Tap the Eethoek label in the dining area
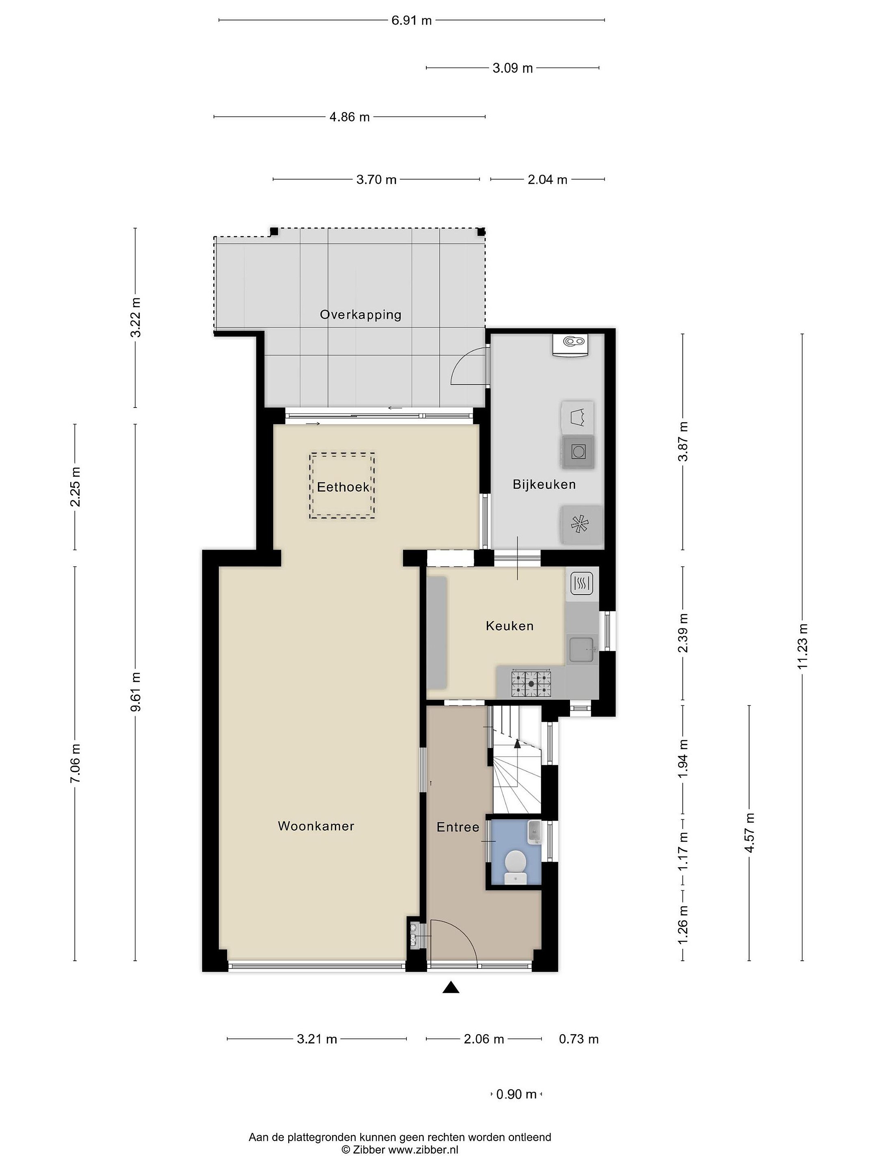[343, 487]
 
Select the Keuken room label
[510, 626]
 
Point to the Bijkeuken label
[544, 485]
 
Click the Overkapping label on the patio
[361, 315]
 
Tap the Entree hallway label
[458, 827]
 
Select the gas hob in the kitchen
[531, 683]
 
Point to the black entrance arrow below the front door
[450, 987]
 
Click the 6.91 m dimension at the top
[411, 21]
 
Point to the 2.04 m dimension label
[547, 180]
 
